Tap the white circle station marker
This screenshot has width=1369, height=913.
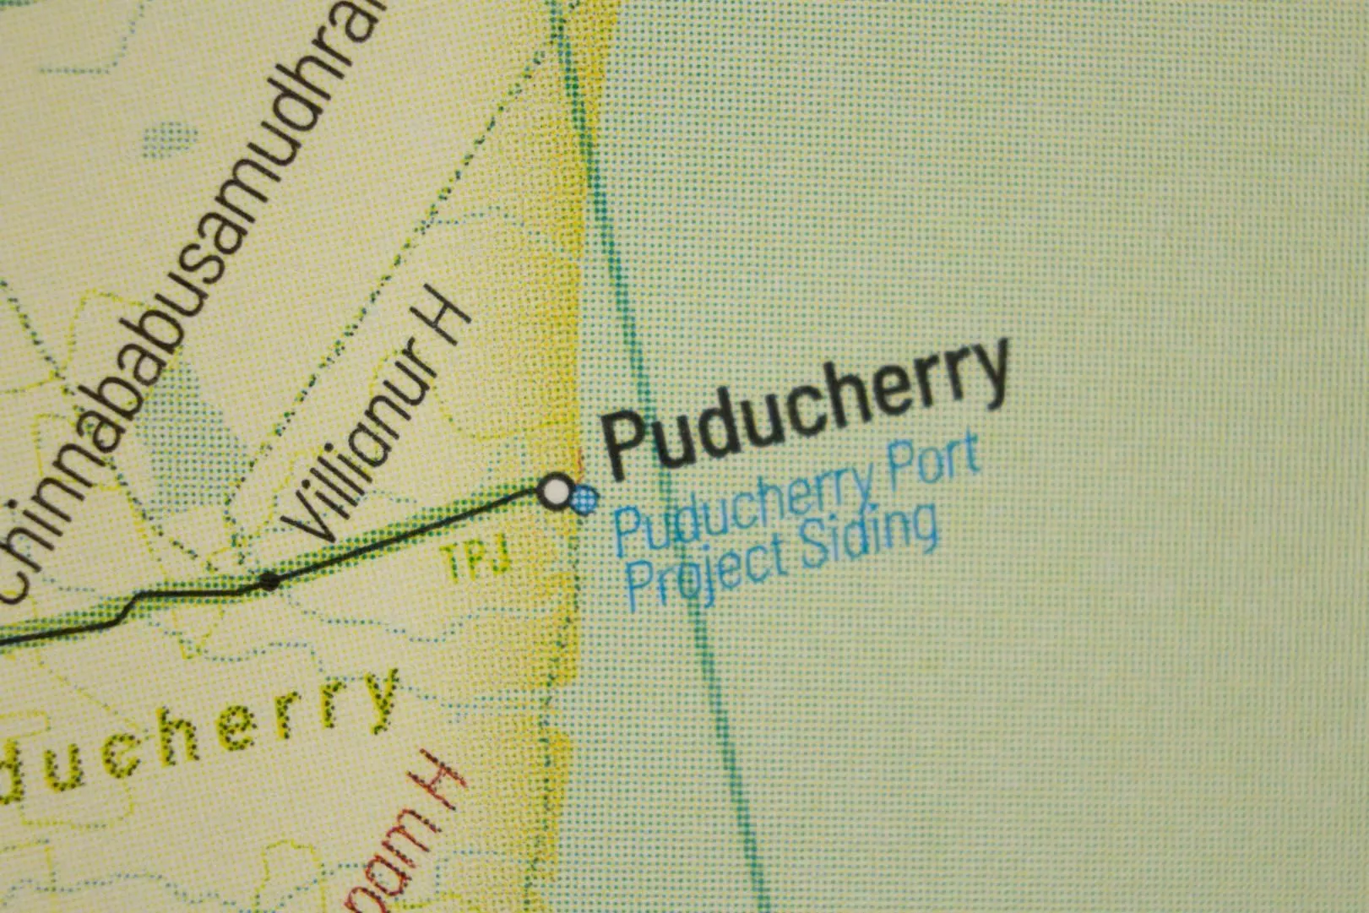555,492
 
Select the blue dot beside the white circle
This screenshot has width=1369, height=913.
584,500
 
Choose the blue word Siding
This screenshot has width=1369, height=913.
869,536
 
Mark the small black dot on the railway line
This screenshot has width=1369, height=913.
269,581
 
